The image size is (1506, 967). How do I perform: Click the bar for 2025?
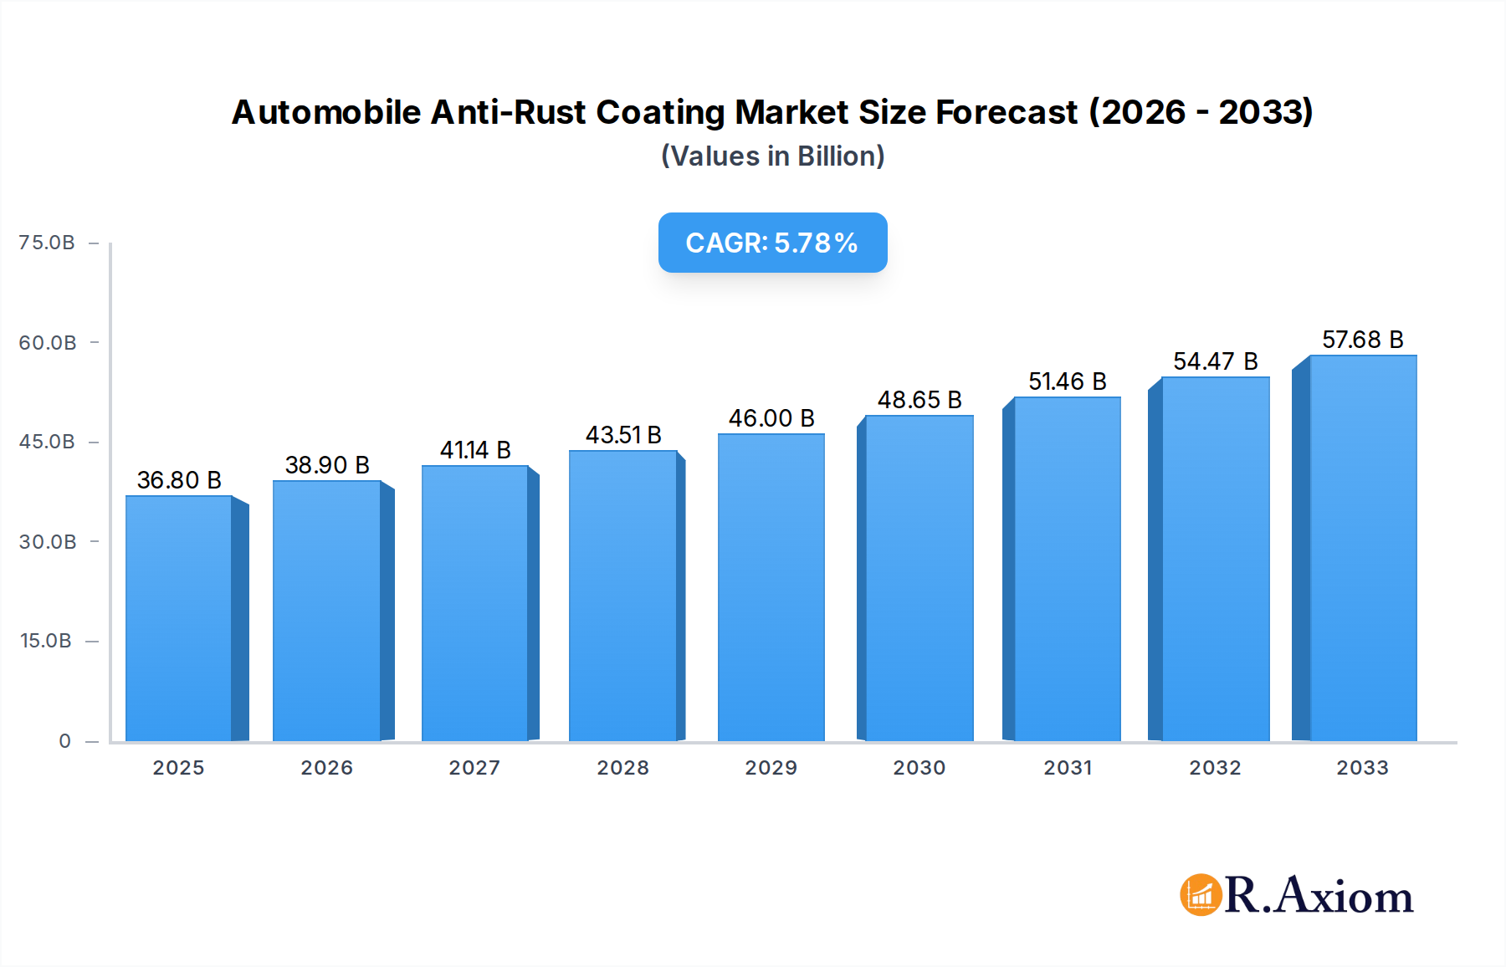[179, 619]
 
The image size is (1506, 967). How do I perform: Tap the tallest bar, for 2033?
[1362, 548]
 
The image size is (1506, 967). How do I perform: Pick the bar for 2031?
[1067, 569]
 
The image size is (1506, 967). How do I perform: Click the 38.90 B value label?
[327, 465]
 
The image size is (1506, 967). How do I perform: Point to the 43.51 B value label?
[623, 435]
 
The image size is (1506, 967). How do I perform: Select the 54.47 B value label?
[1215, 361]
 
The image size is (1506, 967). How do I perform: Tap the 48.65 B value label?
[919, 400]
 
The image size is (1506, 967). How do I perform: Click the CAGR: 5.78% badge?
[772, 243]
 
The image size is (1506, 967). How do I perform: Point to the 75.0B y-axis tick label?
[47, 243]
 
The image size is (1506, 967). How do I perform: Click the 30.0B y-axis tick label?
[48, 542]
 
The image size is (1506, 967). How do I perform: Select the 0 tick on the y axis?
[64, 741]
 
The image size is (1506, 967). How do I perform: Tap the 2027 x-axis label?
[474, 768]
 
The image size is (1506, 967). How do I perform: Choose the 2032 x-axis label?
[1215, 768]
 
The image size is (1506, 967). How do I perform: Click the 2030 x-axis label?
[919, 768]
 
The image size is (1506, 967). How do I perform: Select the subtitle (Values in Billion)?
[772, 156]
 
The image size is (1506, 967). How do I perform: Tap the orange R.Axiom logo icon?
[1201, 895]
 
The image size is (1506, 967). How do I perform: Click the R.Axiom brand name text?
[1319, 895]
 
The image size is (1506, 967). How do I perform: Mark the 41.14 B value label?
[475, 450]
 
